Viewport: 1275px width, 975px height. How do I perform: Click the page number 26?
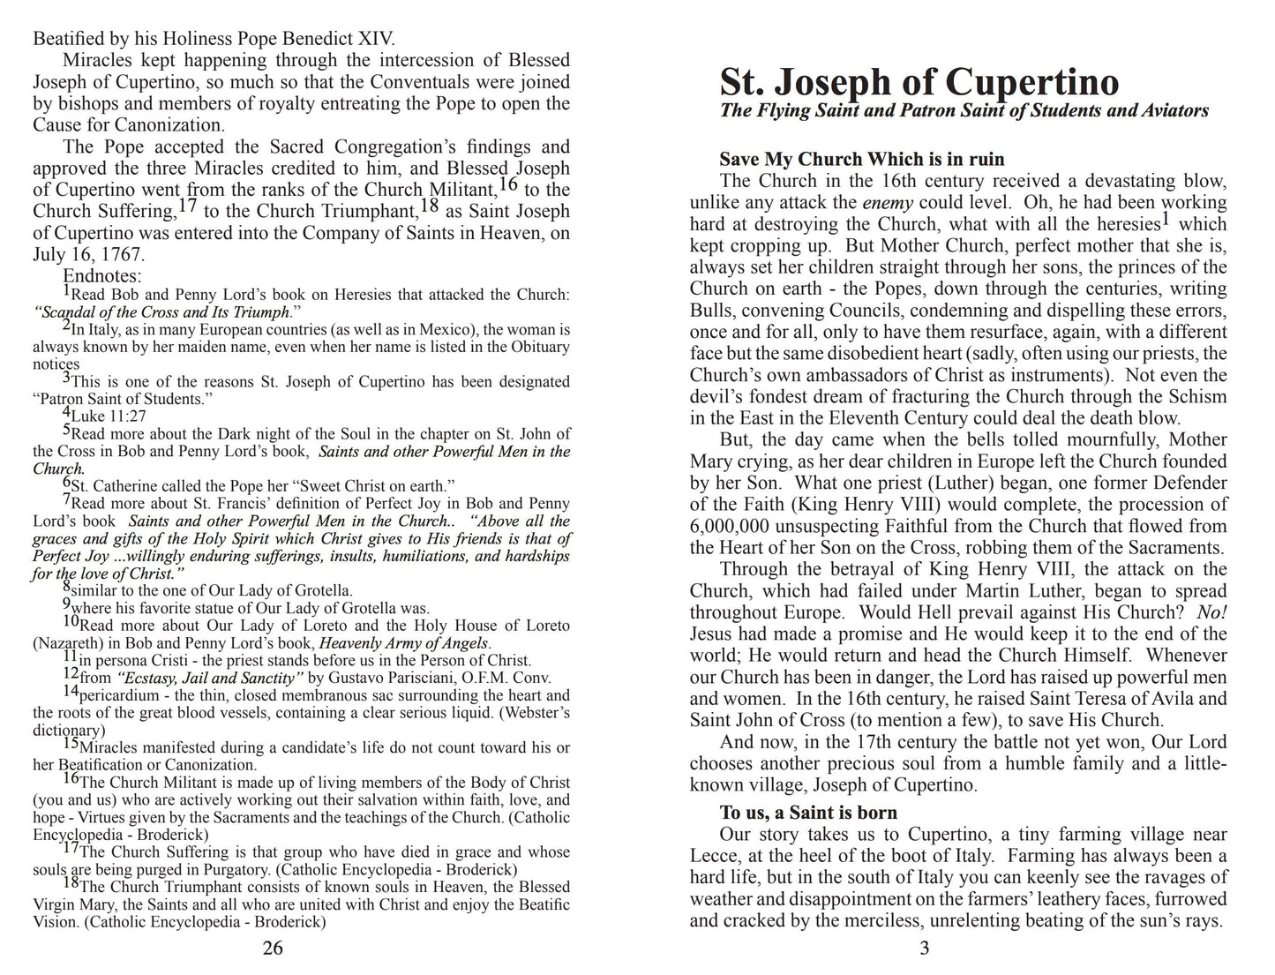[273, 949]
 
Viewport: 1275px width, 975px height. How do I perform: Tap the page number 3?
[925, 949]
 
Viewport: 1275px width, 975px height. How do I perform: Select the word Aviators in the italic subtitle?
[1168, 111]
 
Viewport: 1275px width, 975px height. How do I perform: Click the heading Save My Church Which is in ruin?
[861, 160]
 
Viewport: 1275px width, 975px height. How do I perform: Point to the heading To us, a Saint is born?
[808, 813]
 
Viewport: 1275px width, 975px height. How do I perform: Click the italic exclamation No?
[1212, 612]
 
